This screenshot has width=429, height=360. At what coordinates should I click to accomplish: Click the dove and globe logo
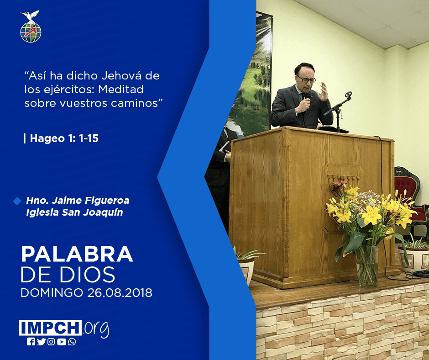31,26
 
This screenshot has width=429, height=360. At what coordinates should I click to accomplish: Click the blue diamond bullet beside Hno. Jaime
17,201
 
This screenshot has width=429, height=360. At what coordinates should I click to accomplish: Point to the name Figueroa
107,201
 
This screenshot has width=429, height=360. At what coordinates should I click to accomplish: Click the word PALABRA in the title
77,254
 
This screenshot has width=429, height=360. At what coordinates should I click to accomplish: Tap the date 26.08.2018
120,292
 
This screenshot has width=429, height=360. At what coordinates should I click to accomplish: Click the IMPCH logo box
50,328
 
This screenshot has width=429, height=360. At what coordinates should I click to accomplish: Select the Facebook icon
31,342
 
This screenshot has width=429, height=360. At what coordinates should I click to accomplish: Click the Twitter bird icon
41,342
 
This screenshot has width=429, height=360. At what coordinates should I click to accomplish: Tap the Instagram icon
51,342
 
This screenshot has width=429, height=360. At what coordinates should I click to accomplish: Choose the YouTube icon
62,342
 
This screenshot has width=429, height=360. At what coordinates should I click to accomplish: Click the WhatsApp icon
72,342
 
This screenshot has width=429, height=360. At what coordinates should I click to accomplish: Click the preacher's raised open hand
322,91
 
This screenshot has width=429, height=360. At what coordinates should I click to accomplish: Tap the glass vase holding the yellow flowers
366,265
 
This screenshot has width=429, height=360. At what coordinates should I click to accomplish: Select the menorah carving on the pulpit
343,181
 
